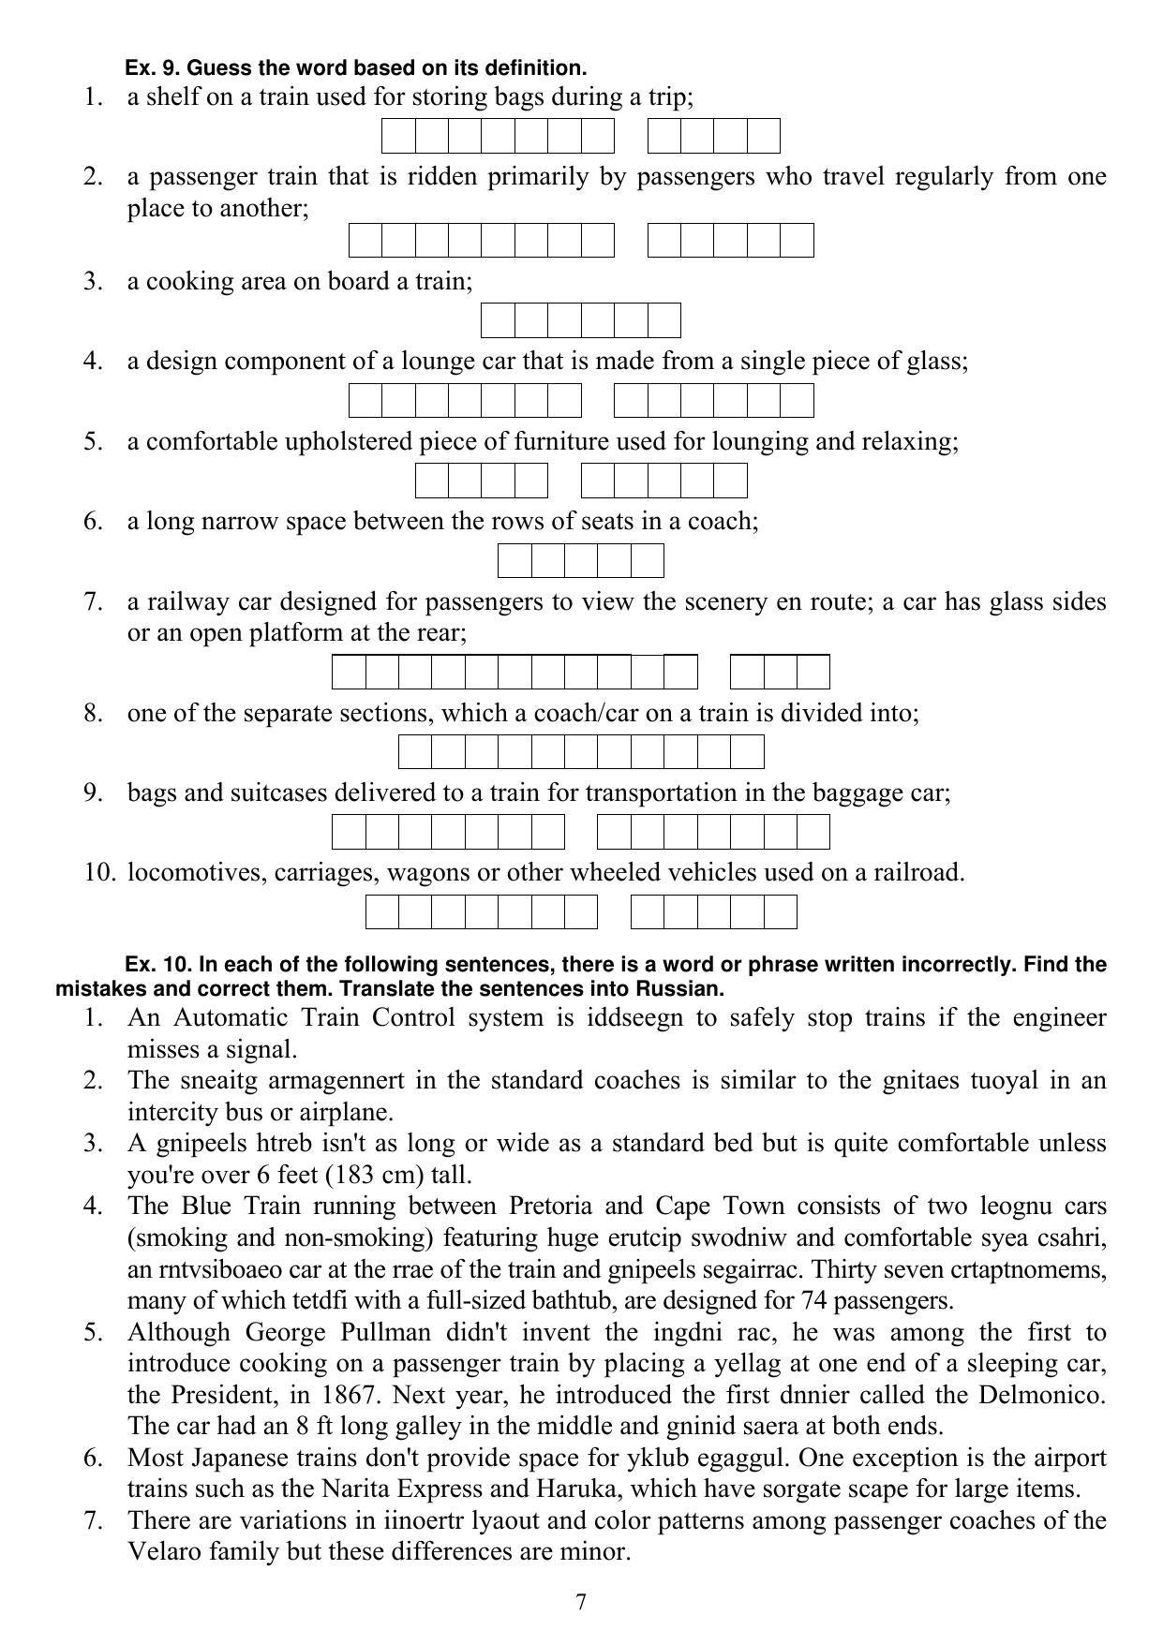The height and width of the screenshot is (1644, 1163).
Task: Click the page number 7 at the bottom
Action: click(x=581, y=1602)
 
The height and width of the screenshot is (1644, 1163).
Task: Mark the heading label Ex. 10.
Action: click(x=157, y=965)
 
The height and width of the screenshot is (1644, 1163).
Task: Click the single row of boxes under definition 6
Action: click(x=580, y=560)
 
